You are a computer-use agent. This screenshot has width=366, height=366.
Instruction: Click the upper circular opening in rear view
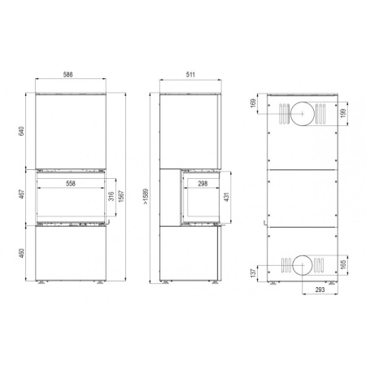tap(302, 115)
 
